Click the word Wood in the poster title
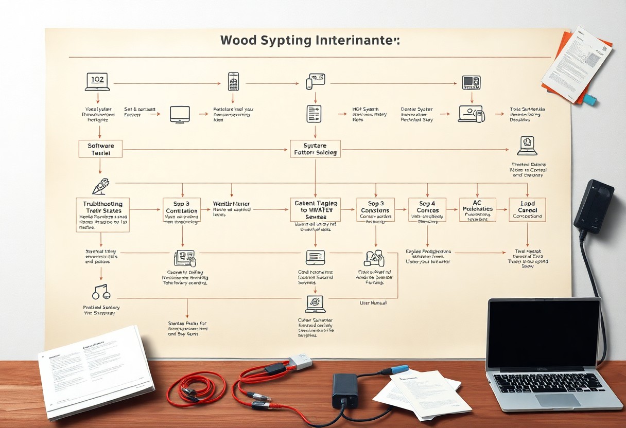(x=241, y=41)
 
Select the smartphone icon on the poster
(x=233, y=81)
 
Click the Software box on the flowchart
(x=100, y=149)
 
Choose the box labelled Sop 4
(x=427, y=210)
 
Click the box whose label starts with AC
(x=477, y=209)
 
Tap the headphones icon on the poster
(x=101, y=292)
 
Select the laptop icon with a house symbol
(x=527, y=146)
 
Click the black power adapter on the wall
(x=594, y=206)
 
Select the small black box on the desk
(x=345, y=390)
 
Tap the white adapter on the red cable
(x=300, y=362)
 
